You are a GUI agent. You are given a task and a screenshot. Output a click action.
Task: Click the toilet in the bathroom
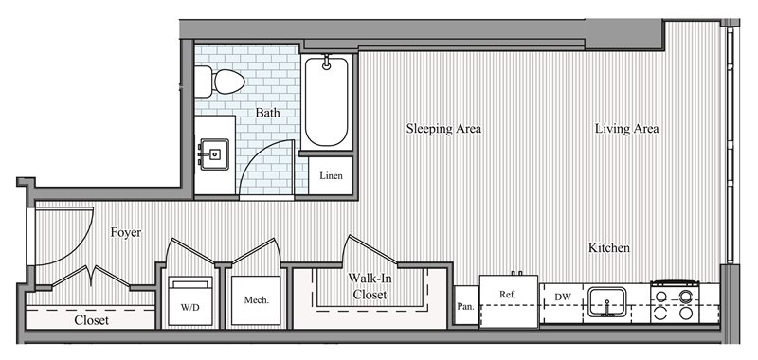pos(219,81)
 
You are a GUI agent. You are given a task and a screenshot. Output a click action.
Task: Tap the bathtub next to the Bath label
pos(326,102)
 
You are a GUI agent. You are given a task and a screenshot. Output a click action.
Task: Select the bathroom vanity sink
pos(214,154)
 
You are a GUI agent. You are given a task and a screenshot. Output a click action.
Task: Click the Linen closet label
pos(331,175)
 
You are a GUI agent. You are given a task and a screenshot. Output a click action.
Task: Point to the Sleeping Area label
pos(443,129)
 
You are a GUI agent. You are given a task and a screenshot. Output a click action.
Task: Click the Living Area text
pos(626,129)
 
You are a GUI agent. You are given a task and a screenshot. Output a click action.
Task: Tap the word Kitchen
pos(608,248)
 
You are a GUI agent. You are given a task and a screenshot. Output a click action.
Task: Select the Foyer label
pos(126,232)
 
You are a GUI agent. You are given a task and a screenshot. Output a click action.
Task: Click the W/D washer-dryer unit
pos(190,301)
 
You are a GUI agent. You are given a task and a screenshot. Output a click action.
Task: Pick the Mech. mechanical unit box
pos(256,300)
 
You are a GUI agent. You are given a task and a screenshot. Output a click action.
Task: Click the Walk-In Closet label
pos(370,286)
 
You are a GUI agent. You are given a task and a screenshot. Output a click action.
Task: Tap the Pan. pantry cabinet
pos(466,305)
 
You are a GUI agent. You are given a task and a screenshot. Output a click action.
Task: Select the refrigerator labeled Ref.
pos(509,301)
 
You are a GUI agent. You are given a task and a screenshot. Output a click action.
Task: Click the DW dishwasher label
pos(563,297)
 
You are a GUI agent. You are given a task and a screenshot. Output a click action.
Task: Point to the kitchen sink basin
pos(606,302)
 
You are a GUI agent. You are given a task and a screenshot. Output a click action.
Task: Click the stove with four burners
pos(675,302)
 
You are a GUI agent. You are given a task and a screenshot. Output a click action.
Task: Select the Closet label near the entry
pos(91,320)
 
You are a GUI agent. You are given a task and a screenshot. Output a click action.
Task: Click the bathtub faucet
pos(327,62)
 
